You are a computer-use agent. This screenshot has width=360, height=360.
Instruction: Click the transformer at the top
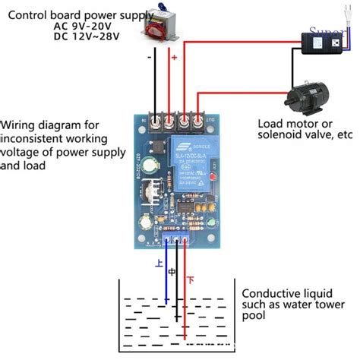click(159, 27)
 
